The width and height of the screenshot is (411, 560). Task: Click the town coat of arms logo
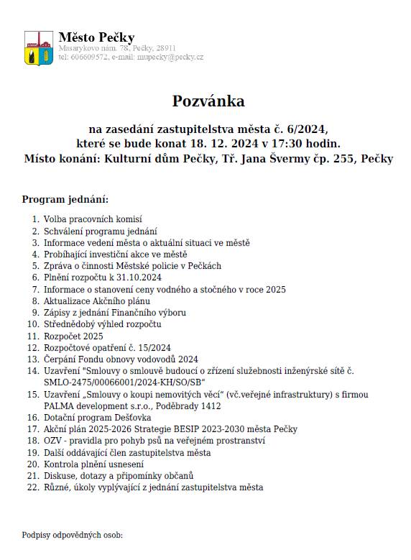pyautogui.click(x=38, y=47)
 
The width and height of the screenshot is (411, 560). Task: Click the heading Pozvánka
pyautogui.click(x=208, y=100)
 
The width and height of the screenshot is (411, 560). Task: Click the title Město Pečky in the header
pyautogui.click(x=96, y=37)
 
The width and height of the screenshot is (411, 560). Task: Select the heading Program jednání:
pyautogui.click(x=65, y=199)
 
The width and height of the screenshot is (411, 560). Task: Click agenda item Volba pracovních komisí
pyautogui.click(x=93, y=219)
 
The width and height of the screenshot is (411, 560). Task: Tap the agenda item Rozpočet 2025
pyautogui.click(x=73, y=336)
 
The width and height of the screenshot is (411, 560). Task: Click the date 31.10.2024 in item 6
pyautogui.click(x=138, y=277)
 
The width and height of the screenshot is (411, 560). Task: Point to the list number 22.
pyautogui.click(x=32, y=487)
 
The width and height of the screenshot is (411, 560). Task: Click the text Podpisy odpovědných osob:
pyautogui.click(x=73, y=535)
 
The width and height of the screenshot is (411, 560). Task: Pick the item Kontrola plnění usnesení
pyautogui.click(x=93, y=464)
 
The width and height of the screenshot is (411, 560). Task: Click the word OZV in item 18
pyautogui.click(x=53, y=441)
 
